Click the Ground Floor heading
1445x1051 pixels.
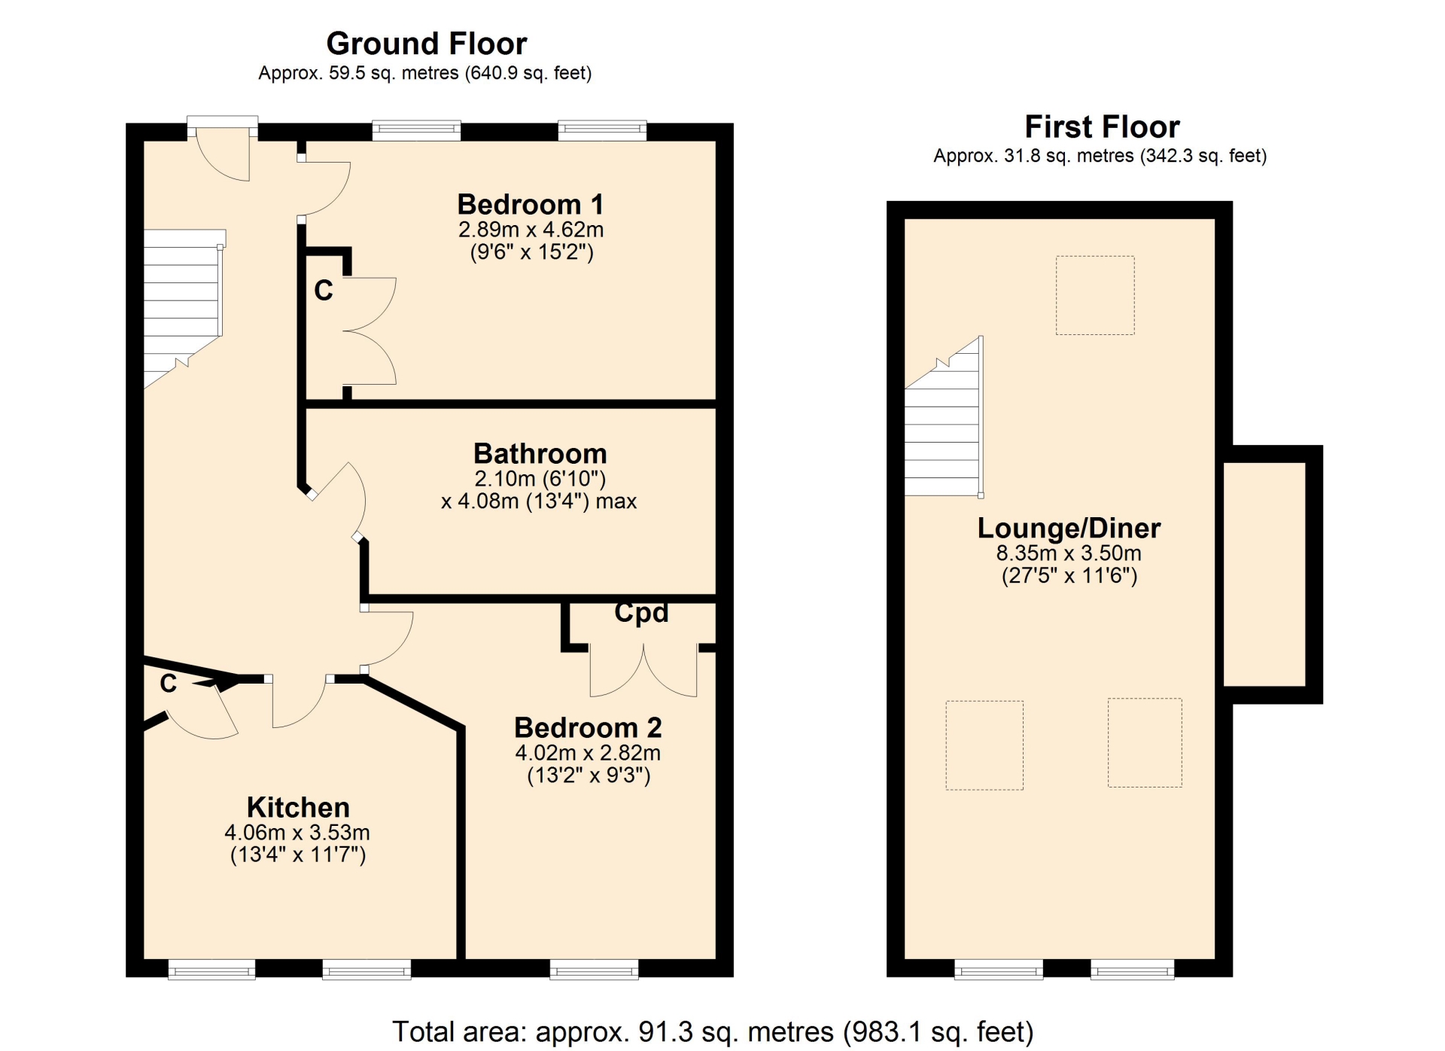coord(426,44)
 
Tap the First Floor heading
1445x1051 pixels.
coord(1102,126)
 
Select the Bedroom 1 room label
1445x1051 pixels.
coord(531,204)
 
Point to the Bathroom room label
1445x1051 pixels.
coord(540,453)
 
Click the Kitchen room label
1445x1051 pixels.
coord(298,807)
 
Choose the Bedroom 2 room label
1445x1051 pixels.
coord(588,727)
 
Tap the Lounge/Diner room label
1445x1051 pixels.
coord(1069,528)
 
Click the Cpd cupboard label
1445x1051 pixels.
coord(641,612)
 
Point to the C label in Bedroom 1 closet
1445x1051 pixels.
coord(324,291)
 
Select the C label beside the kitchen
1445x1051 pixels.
coord(169,684)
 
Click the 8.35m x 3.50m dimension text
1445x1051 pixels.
coord(1069,553)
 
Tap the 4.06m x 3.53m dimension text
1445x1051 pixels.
coord(297,832)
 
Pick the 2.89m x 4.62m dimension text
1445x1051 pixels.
coord(531,229)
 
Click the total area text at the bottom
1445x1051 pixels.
coord(713,1031)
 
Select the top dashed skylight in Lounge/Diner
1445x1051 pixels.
coord(1095,295)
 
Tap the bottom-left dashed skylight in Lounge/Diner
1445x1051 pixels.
coord(984,745)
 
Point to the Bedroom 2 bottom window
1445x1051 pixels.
coord(594,970)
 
